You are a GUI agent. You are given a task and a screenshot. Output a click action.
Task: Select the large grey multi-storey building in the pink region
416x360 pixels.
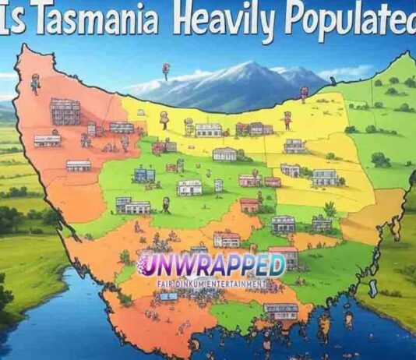[x=65, y=111]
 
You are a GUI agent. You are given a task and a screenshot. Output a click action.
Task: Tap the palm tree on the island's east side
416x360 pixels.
[x=330, y=209]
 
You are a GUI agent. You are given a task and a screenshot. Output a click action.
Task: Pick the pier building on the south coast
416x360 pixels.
[x=280, y=312]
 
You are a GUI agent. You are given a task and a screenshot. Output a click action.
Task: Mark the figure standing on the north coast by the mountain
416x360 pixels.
[x=304, y=94]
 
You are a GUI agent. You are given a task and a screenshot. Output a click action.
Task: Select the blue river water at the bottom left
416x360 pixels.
[x=47, y=327]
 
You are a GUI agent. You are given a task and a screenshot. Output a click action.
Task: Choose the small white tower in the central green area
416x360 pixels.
[x=219, y=185]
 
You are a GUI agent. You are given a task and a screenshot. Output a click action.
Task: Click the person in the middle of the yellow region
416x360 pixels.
[x=287, y=120]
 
